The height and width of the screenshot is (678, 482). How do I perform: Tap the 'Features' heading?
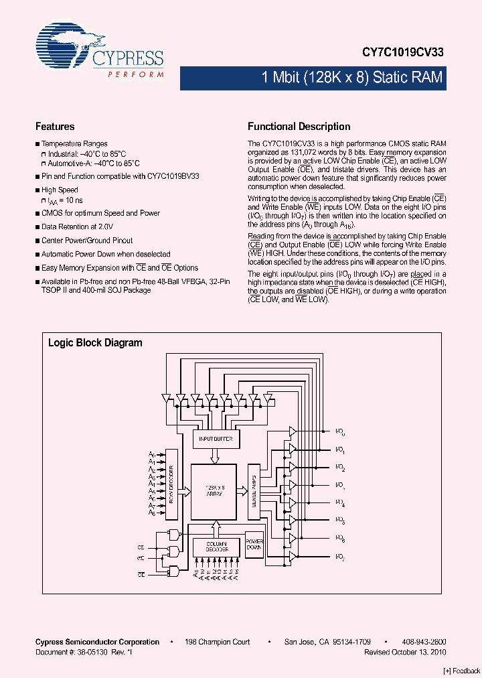[55, 127]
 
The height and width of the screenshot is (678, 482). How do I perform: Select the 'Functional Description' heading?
[299, 127]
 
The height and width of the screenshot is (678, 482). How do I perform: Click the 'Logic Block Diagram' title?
[95, 343]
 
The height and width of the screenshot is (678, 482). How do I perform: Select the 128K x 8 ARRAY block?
[214, 490]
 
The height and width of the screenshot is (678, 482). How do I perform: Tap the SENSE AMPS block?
[254, 492]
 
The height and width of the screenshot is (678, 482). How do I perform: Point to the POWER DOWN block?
[254, 544]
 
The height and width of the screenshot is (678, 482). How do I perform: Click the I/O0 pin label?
[340, 432]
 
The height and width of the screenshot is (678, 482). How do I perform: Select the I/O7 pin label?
[340, 557]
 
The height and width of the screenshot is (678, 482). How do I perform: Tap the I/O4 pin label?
[340, 503]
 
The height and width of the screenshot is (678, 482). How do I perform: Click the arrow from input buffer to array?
[215, 456]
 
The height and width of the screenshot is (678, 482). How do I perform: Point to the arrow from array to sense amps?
[242, 492]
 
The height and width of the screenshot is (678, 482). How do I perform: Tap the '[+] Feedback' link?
[462, 671]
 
